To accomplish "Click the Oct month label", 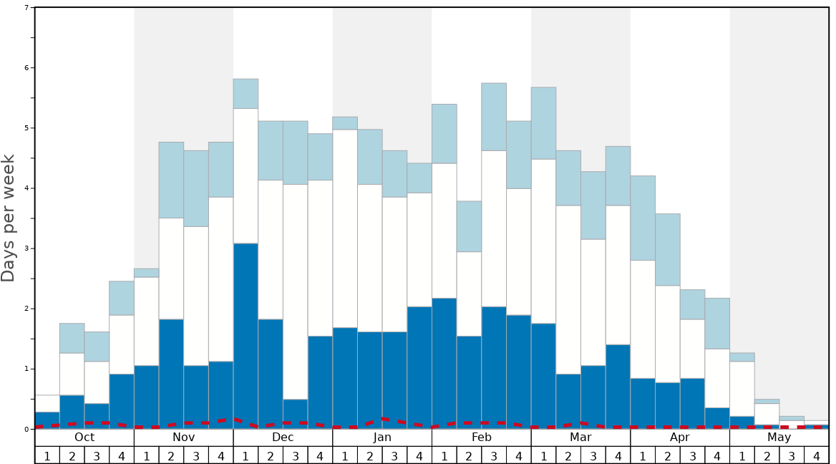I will (x=84, y=438).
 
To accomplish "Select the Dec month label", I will (x=283, y=438).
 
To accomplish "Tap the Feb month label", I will (x=482, y=438).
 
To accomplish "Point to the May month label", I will (x=779, y=438).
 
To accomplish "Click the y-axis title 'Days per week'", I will (x=9, y=218).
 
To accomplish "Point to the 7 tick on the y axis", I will (x=26, y=8).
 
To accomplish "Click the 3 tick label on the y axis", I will (x=26, y=248).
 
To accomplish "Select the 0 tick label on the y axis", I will (x=26, y=429).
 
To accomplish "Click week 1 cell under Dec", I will (x=246, y=455).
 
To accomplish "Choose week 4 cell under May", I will (x=817, y=455).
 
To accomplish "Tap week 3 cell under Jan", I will (x=394, y=455).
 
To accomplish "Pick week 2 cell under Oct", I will (x=72, y=455).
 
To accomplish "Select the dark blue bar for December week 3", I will (x=296, y=412).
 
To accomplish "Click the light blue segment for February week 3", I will (x=494, y=117).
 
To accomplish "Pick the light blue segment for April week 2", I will (x=668, y=249).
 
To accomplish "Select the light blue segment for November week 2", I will (x=171, y=180).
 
